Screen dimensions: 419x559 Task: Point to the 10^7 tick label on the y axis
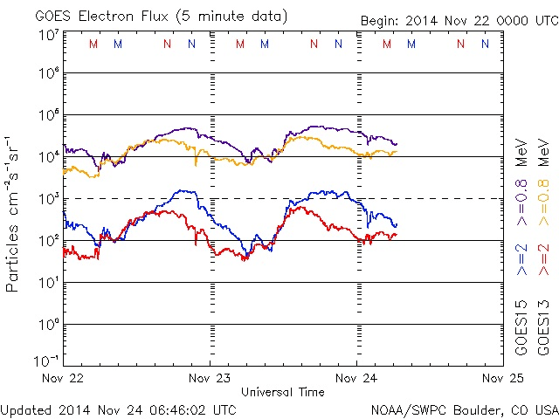[x=48, y=35]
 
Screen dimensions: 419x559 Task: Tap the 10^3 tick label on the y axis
[x=48, y=199]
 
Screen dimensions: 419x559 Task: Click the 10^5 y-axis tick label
[x=48, y=116]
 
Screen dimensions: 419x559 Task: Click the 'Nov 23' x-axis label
[x=210, y=378]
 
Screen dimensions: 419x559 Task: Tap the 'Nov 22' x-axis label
[x=63, y=378]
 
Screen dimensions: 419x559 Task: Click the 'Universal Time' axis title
[x=283, y=392]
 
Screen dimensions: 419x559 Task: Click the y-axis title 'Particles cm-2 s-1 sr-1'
[x=13, y=214]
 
